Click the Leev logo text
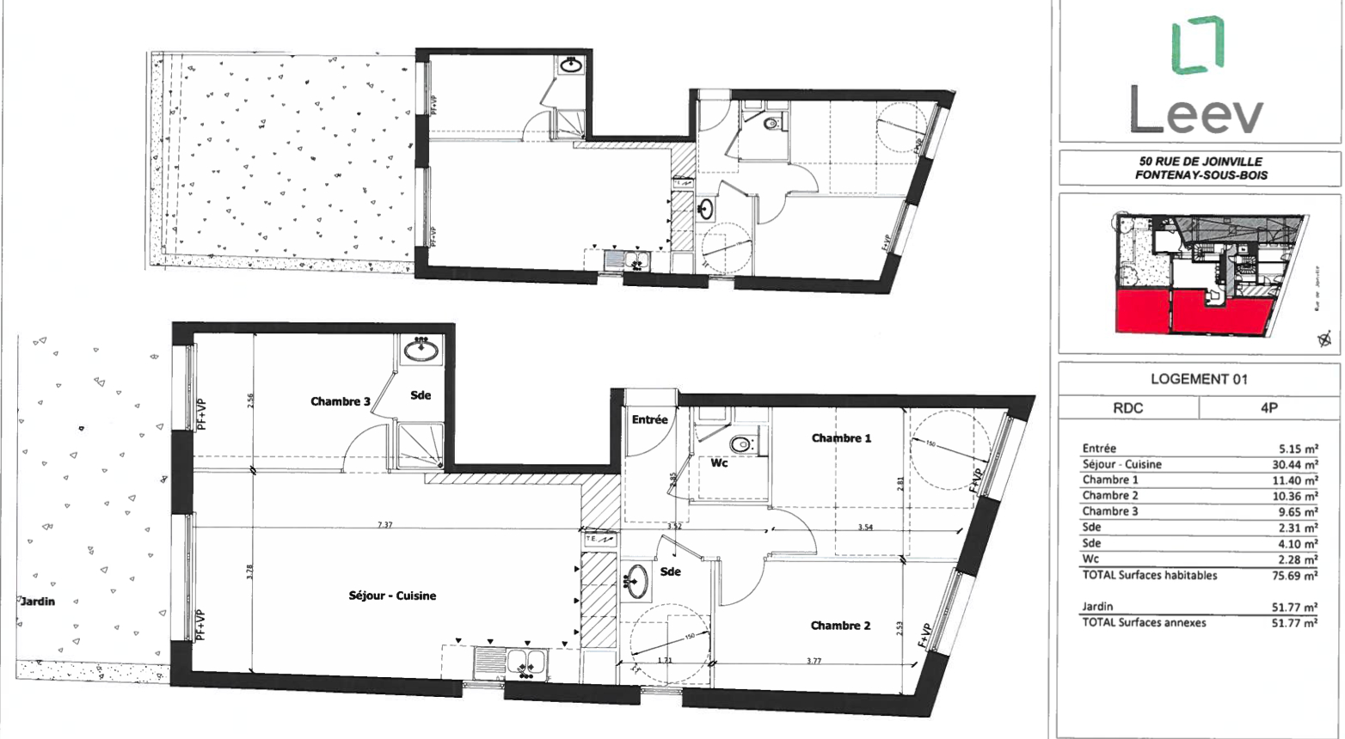tap(1197, 113)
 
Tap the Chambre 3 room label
tap(341, 401)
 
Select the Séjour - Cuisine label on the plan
tap(392, 595)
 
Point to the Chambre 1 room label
tap(841, 438)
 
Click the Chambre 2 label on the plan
tap(840, 626)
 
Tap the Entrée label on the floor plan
tap(649, 420)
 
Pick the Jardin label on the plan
tap(38, 602)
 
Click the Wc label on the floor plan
tap(719, 463)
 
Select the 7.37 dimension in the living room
tap(384, 525)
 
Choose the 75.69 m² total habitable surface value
tap(1294, 576)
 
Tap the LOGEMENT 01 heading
tap(1199, 379)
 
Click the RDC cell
tap(1128, 408)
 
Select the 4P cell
tap(1268, 408)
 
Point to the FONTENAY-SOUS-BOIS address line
tap(1201, 174)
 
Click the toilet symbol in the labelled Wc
tap(740, 444)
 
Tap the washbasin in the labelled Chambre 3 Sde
tap(421, 350)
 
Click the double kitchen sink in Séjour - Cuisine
tap(528, 662)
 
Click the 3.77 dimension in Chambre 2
tap(814, 662)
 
